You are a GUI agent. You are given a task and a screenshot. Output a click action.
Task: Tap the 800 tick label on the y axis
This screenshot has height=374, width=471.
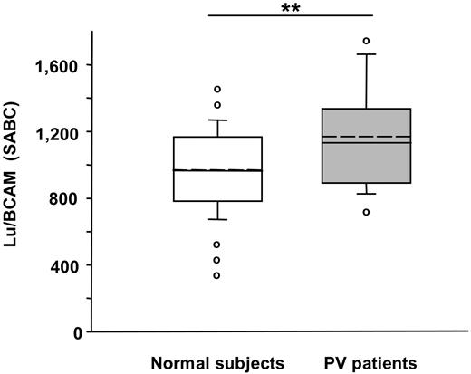click(x=62, y=199)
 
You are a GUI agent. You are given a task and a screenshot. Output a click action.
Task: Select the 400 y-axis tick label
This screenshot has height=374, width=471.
click(x=62, y=265)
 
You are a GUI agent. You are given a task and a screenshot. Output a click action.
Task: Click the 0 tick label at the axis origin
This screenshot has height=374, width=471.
click(x=75, y=332)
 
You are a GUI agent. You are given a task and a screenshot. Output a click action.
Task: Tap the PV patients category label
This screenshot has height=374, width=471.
click(x=371, y=363)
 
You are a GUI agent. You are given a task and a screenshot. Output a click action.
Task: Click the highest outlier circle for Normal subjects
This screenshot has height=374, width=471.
click(x=217, y=89)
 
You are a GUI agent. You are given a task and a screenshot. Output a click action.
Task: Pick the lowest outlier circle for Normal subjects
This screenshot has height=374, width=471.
click(x=217, y=275)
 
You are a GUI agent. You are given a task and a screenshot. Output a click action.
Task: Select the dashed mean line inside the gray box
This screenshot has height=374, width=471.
click(x=373, y=137)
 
